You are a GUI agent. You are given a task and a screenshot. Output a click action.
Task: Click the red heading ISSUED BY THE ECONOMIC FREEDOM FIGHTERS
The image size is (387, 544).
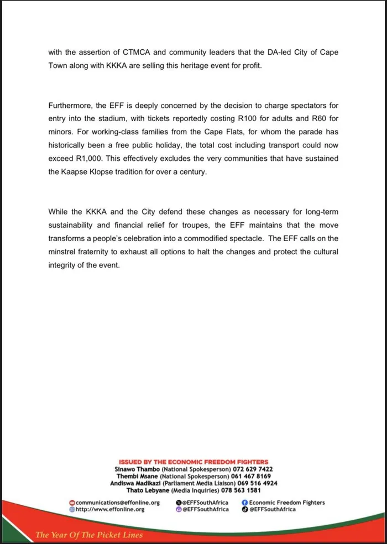(193, 462)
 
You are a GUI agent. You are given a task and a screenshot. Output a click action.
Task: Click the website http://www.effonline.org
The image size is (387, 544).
(110, 509)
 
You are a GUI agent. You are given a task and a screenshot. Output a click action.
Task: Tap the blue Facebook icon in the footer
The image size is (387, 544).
(244, 503)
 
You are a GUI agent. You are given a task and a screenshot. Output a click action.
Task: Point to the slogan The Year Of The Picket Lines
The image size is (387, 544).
(88, 535)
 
